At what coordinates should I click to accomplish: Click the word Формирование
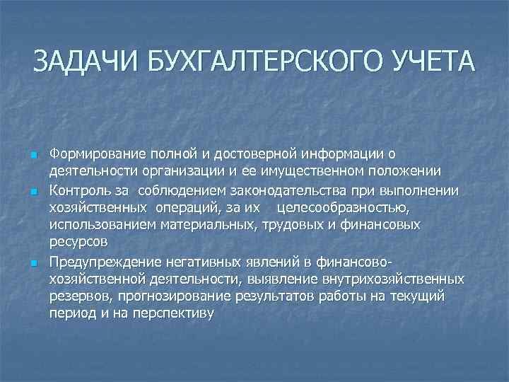click(x=95, y=154)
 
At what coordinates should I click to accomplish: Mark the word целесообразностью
click(x=343, y=208)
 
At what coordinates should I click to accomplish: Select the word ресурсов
click(x=78, y=243)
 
